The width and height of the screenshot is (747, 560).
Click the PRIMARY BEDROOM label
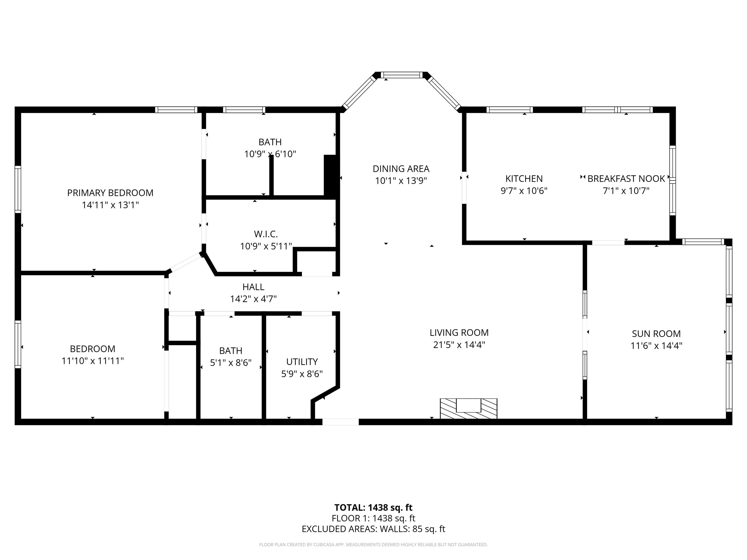[110, 193]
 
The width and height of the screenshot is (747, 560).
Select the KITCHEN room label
[524, 179]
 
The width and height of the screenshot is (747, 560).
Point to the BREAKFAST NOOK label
[626, 179]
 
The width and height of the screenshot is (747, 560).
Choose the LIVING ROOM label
[459, 332]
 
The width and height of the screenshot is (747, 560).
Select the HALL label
[253, 287]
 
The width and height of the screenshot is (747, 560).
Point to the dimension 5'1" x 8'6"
[231, 363]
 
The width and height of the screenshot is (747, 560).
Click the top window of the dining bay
[402, 75]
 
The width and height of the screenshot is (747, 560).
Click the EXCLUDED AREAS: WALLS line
[373, 529]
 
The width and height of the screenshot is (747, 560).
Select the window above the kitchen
[510, 110]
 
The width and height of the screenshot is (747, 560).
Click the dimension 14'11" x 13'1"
[110, 205]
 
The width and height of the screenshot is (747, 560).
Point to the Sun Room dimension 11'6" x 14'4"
[656, 346]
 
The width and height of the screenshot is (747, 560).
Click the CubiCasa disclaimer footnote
[373, 544]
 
